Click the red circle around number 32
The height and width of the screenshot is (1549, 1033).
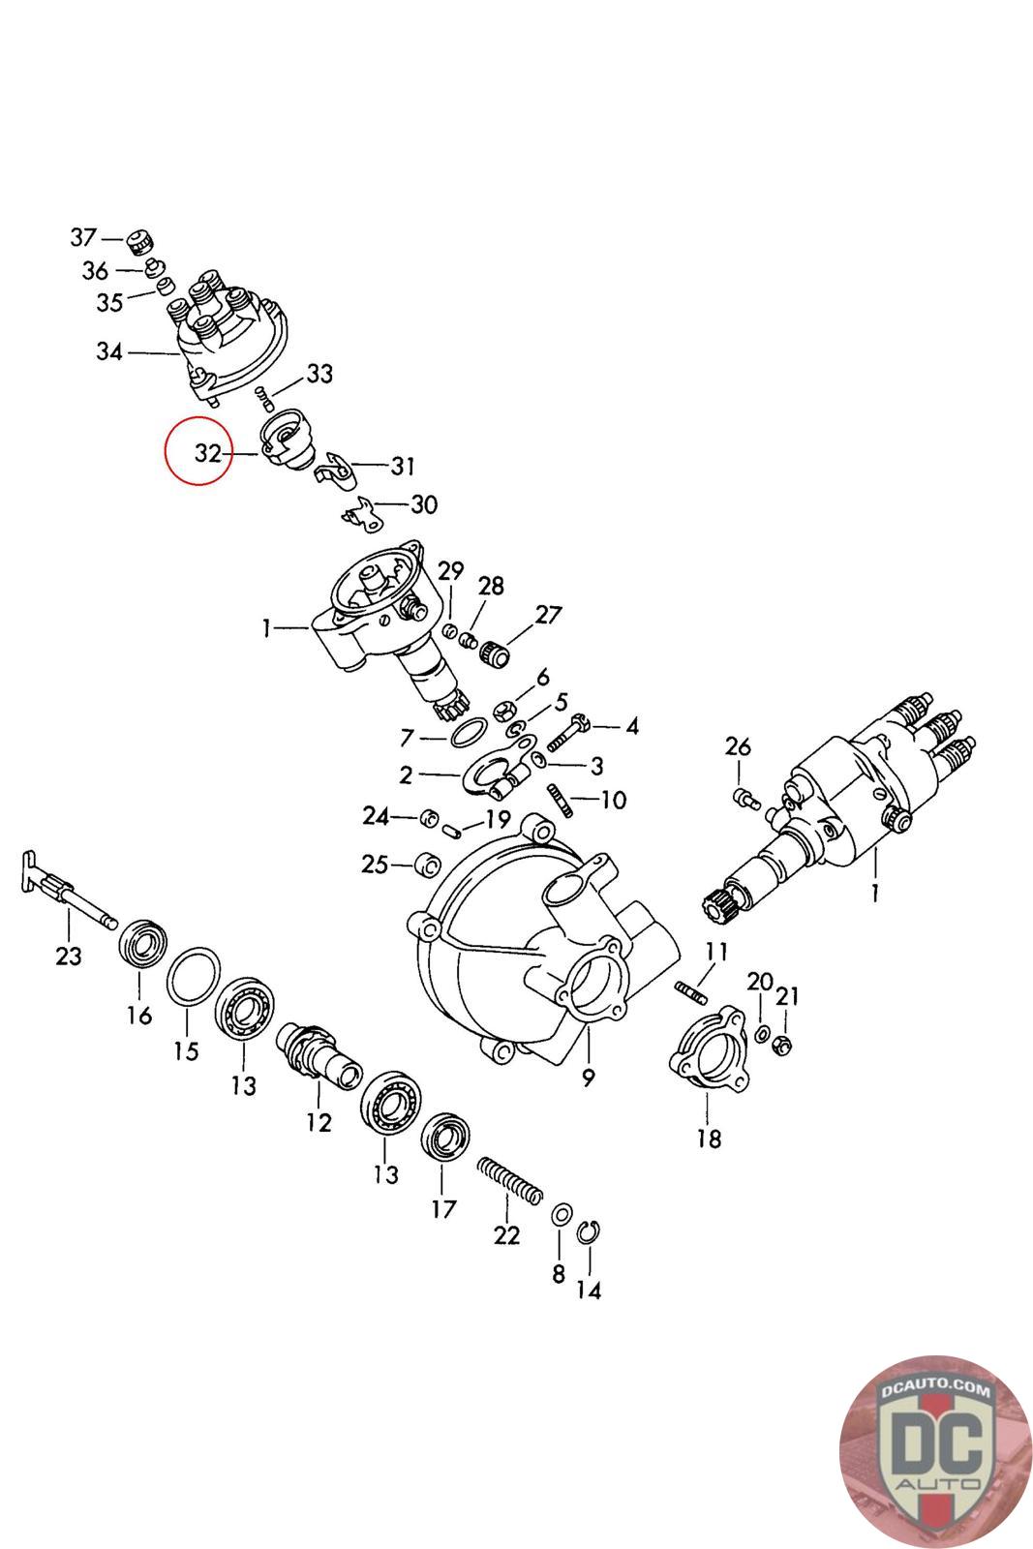point(199,452)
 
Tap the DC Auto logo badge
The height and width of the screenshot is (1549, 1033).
point(934,1449)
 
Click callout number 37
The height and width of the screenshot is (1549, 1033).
point(84,236)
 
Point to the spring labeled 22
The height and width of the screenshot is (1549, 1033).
point(509,1182)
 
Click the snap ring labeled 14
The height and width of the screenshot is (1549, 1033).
point(586,1232)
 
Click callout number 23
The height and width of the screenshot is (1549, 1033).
point(68,956)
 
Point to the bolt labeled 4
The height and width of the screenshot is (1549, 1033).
point(569,734)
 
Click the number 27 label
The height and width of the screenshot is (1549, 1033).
point(548,615)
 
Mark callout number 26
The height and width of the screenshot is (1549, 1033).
point(738,746)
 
